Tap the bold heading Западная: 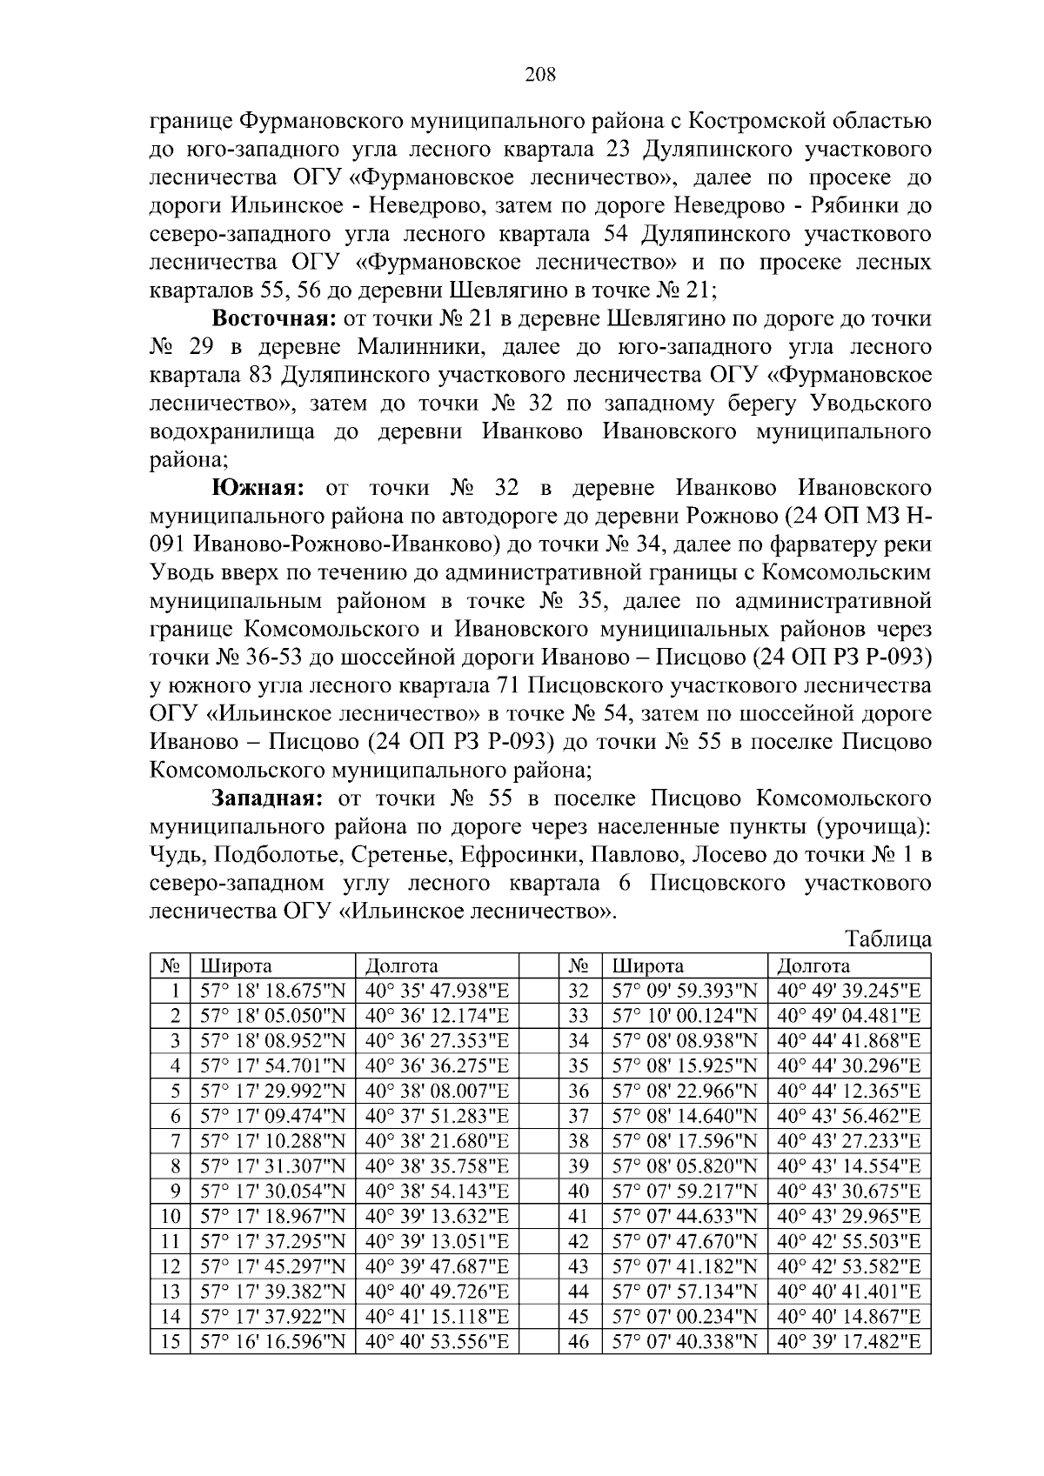pyautogui.click(x=268, y=798)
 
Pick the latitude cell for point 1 pyautogui.click(x=272, y=990)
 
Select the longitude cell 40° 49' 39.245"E pyautogui.click(x=848, y=990)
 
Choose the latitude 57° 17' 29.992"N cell pyautogui.click(x=272, y=1091)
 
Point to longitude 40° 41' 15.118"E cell pyautogui.click(x=437, y=1317)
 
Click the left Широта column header pyautogui.click(x=237, y=965)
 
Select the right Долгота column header pyautogui.click(x=813, y=965)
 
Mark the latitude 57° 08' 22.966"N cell pyautogui.click(x=685, y=1091)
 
